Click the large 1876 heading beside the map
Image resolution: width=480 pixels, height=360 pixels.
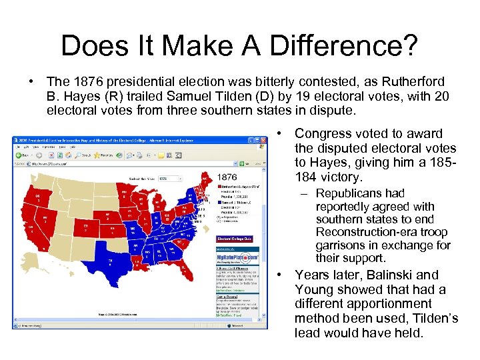pyautogui.click(x=227, y=177)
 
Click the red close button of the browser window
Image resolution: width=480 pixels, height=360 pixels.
pyautogui.click(x=263, y=140)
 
